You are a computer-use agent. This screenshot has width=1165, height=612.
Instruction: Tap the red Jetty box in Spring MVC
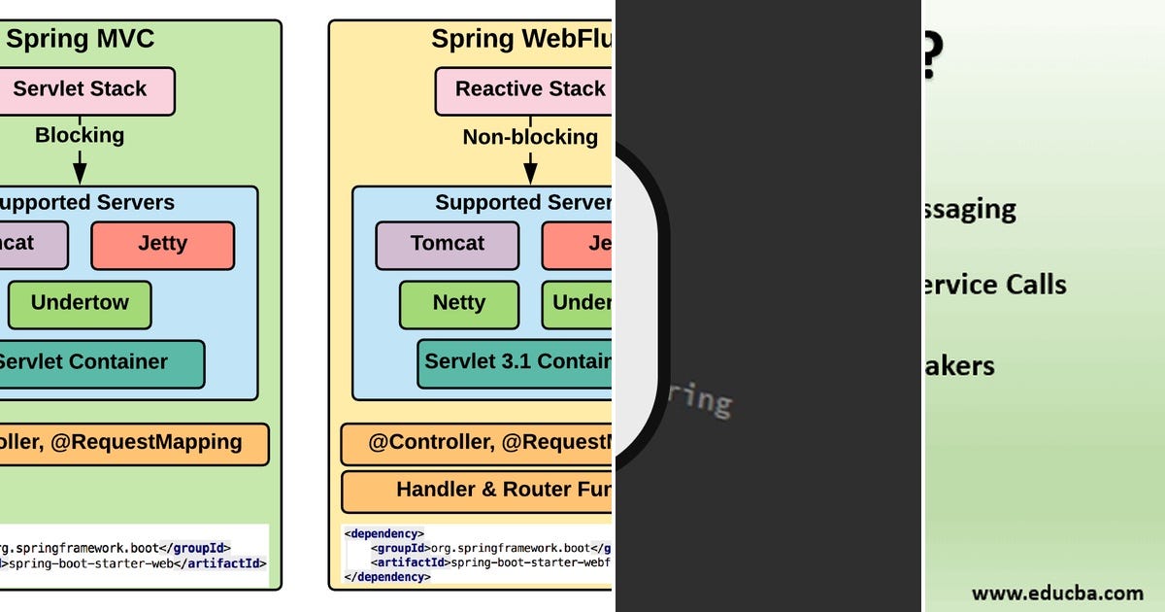[x=162, y=245]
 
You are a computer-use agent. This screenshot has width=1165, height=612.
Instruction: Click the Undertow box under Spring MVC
[x=80, y=304]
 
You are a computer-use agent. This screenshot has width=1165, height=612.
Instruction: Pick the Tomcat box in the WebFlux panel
[x=447, y=245]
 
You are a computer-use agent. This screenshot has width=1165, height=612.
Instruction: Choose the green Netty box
[x=458, y=304]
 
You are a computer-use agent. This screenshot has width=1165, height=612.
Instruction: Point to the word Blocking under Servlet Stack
[x=80, y=135]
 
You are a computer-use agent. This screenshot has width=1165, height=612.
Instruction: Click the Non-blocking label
[x=530, y=137]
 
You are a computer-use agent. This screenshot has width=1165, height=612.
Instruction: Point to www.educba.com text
[x=1056, y=593]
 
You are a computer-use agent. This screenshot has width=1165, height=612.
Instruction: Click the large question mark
[x=930, y=56]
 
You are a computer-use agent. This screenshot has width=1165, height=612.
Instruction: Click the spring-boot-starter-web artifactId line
[x=131, y=562]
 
